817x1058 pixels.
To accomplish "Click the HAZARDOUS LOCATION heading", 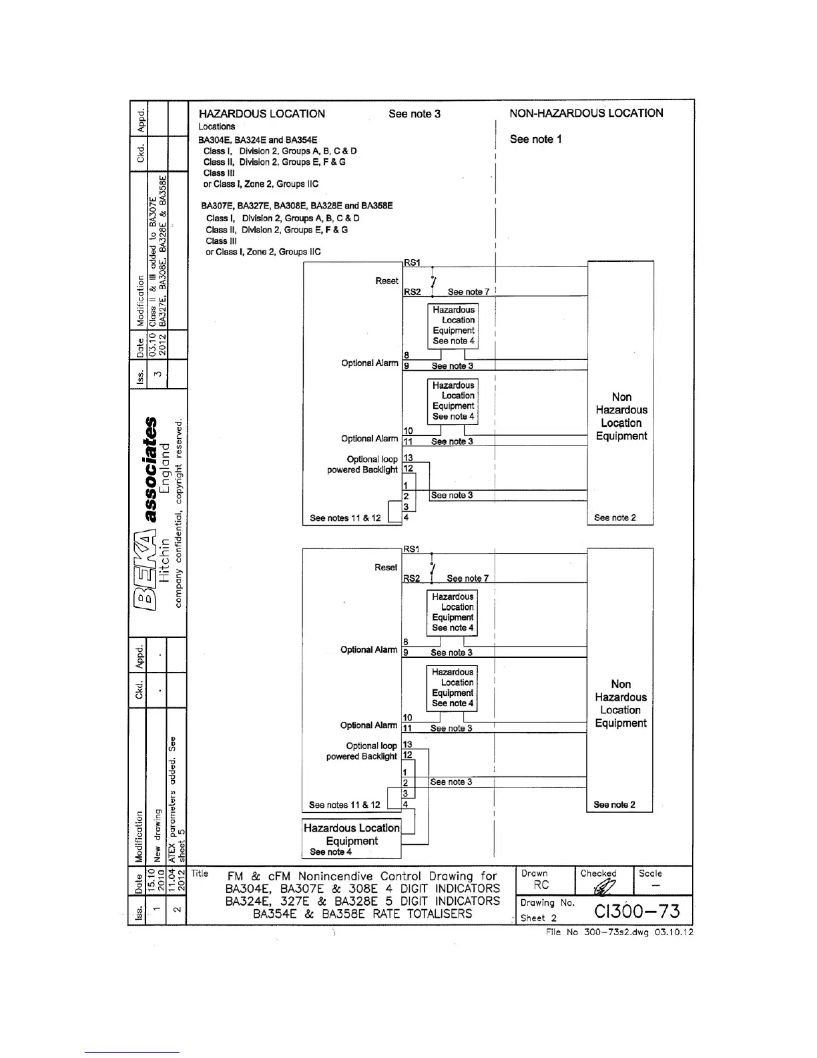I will coord(262,114).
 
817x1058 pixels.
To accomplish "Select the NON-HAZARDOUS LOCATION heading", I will coord(586,113).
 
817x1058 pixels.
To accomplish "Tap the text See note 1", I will coord(535,139).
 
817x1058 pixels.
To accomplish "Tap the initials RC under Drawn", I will coord(541,885).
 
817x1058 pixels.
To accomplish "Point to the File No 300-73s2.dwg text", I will coord(619,932).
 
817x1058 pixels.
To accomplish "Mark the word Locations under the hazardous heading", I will coord(216,126).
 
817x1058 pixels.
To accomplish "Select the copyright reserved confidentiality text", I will coord(178,514).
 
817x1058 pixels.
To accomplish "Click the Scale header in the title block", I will coord(650,873).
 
